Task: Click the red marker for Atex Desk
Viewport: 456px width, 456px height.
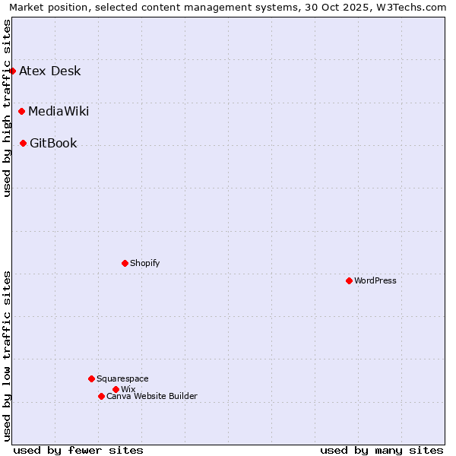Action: click(12, 71)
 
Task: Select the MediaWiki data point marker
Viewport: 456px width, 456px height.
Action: click(21, 112)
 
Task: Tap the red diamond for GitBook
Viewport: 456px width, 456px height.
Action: click(23, 143)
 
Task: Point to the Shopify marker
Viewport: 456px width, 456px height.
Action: click(125, 263)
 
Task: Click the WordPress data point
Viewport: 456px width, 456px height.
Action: click(349, 280)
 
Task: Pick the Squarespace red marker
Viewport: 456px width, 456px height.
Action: click(91, 378)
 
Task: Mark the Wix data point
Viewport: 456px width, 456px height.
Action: click(116, 389)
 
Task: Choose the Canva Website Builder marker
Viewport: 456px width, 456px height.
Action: click(101, 396)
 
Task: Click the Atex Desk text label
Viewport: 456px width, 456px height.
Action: click(49, 71)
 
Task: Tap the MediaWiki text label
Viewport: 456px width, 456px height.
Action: click(59, 112)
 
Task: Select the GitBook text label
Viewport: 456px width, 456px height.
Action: click(53, 144)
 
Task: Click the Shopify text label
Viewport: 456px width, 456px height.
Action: click(144, 263)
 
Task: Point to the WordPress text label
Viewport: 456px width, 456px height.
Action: click(375, 280)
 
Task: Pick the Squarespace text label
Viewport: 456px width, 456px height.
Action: click(122, 378)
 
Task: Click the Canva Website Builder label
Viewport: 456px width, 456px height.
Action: click(152, 396)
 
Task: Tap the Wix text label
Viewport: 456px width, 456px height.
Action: click(128, 389)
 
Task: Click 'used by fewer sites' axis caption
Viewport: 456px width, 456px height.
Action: click(78, 450)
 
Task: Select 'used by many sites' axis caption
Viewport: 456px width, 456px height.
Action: click(382, 450)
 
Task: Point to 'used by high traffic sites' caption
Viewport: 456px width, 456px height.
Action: click(7, 108)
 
